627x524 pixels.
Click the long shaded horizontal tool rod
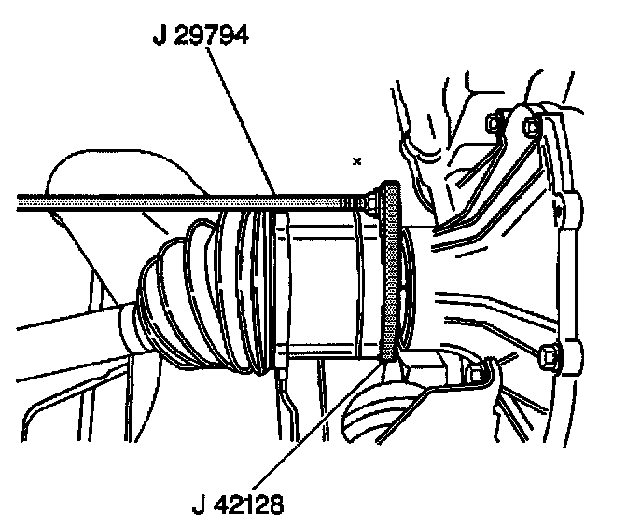pos(140,199)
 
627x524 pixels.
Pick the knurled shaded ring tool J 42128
pos(391,270)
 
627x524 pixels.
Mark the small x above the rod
pos(356,161)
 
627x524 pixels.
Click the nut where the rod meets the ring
pos(371,199)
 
